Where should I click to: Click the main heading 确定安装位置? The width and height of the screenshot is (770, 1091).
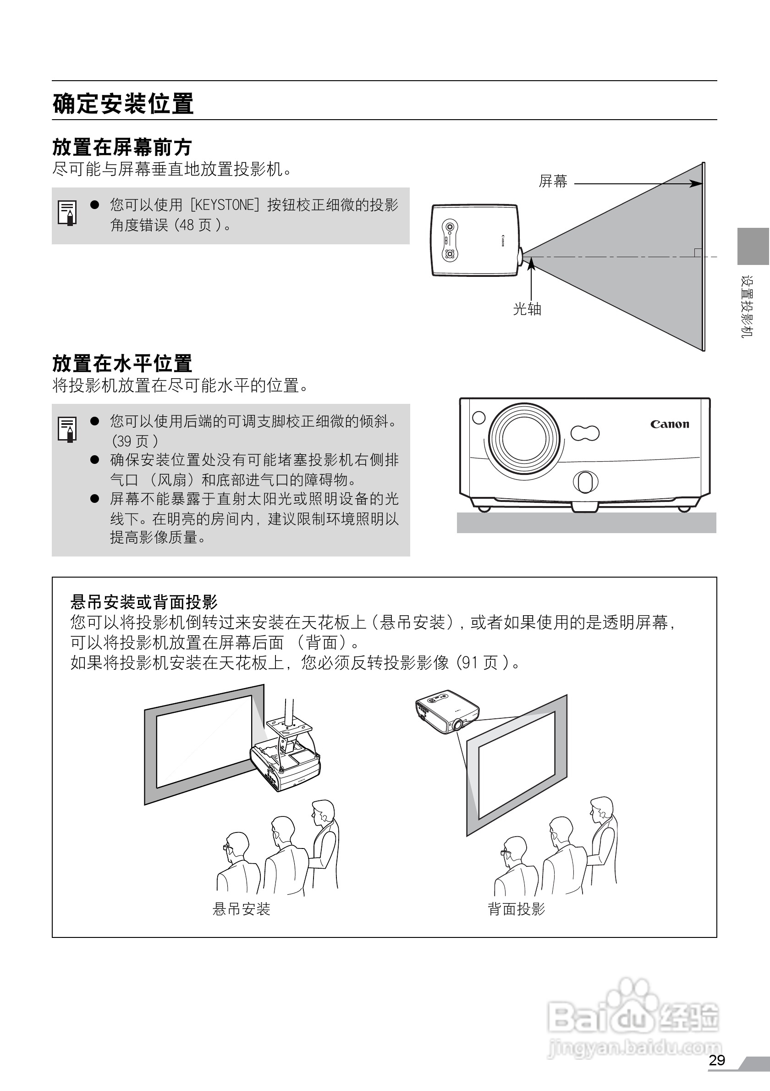(123, 104)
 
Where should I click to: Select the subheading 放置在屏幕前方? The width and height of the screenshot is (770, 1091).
(121, 147)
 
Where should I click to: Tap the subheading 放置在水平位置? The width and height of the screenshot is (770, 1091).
(122, 364)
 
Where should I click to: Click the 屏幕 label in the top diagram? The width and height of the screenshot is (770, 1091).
(553, 182)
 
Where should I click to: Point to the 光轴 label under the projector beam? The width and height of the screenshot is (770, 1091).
(527, 309)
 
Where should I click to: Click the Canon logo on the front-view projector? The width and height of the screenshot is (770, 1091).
(669, 424)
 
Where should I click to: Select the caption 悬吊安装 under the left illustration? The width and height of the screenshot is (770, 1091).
(241, 909)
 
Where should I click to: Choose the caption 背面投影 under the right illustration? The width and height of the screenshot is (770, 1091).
(517, 909)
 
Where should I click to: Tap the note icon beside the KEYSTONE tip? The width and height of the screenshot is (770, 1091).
(67, 212)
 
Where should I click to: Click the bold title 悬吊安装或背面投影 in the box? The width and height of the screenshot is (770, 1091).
(144, 602)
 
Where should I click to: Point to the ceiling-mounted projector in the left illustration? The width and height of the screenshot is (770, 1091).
(285, 762)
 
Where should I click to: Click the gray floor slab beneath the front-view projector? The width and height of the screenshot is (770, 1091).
(586, 522)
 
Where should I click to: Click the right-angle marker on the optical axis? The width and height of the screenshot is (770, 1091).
(698, 252)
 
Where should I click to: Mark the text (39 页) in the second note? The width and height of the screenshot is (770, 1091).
(135, 441)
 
